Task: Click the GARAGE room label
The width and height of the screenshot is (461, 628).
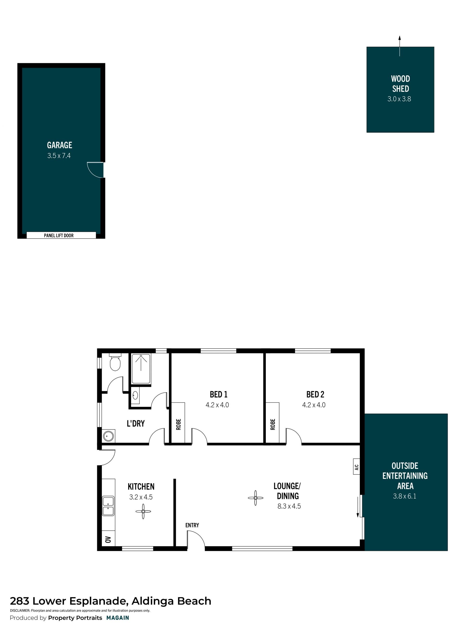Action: [x=60, y=145]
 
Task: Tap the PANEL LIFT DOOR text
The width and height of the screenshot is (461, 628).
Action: [x=59, y=235]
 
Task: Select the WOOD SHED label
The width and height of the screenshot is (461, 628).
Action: [x=400, y=84]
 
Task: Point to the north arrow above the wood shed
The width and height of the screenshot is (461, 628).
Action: [x=400, y=46]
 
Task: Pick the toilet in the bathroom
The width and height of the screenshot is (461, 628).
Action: [x=115, y=362]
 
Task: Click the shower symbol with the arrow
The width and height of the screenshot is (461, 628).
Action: [x=141, y=369]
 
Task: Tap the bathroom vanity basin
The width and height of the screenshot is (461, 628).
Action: [x=135, y=395]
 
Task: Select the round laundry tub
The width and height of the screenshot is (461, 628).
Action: [x=108, y=436]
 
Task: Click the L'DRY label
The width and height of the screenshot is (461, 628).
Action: [x=136, y=424]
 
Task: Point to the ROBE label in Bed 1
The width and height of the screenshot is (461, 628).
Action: [x=179, y=425]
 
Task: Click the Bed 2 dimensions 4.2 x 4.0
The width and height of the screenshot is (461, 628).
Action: [x=314, y=405]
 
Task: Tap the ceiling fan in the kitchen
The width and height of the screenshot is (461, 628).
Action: [x=143, y=511]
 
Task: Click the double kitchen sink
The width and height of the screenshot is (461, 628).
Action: [x=108, y=506]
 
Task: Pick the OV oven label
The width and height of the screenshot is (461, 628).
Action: [x=108, y=540]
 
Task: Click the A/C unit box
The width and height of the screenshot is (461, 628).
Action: [x=356, y=467]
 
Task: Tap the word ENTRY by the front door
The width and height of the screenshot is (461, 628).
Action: [x=192, y=525]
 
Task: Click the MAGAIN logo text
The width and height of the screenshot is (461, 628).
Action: [x=118, y=618]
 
